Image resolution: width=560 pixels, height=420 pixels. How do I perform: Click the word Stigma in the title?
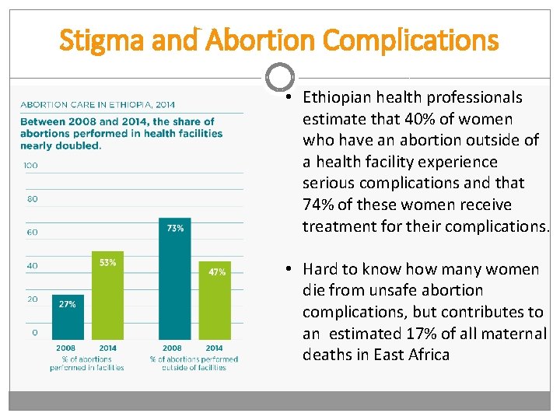click(x=101, y=41)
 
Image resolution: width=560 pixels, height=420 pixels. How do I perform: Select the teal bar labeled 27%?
click(x=68, y=317)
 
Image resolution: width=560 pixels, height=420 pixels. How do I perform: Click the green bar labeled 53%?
click(x=107, y=296)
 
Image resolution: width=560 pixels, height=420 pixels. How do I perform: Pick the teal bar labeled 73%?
click(x=175, y=278)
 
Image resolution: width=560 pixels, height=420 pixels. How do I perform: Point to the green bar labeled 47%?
click(x=215, y=300)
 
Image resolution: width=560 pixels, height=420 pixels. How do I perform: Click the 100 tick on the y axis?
click(x=30, y=166)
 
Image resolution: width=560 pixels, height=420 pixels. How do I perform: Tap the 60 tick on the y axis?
click(x=32, y=233)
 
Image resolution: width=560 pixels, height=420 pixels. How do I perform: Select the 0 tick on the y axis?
click(x=35, y=333)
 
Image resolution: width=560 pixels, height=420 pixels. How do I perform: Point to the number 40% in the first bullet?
click(x=420, y=119)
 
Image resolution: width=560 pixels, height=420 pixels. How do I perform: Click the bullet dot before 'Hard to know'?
click(x=289, y=268)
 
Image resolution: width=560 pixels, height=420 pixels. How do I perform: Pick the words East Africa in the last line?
click(x=411, y=355)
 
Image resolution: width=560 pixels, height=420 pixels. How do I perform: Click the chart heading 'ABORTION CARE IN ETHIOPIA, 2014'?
click(x=97, y=105)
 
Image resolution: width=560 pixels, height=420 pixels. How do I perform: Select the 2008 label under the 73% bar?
click(x=172, y=348)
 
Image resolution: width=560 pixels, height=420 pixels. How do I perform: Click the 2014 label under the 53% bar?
click(x=108, y=348)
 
